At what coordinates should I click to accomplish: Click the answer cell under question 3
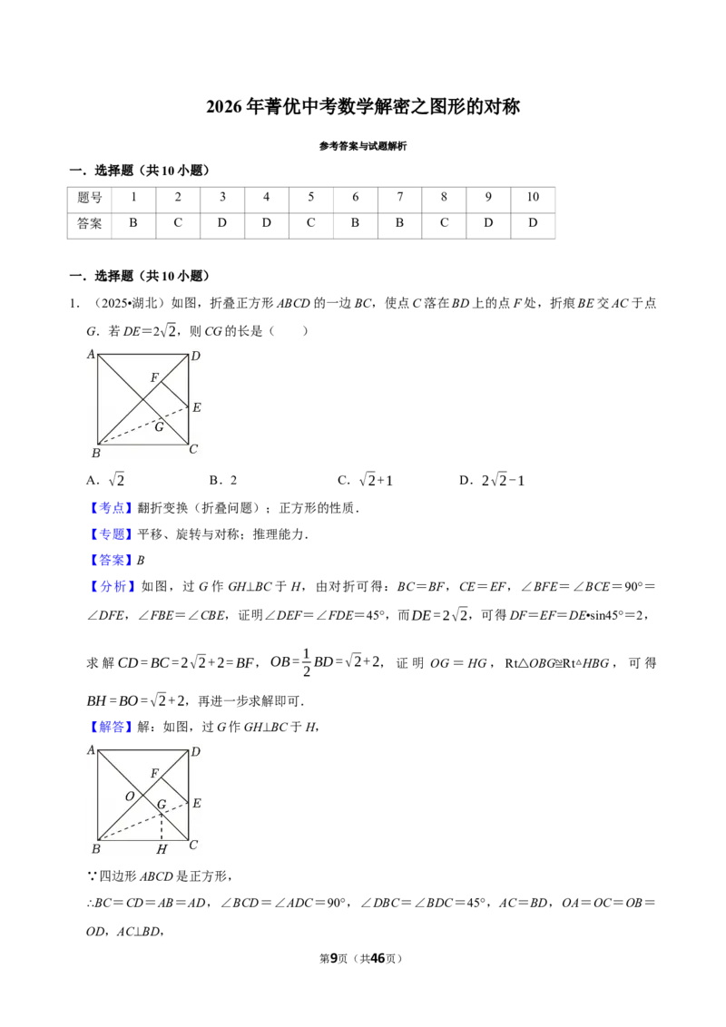pos(222,223)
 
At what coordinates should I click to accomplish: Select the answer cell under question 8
pos(444,223)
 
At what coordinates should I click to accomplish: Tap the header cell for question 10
pos(533,197)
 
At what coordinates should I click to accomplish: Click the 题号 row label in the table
pos(90,197)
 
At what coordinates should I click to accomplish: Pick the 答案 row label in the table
pos(90,223)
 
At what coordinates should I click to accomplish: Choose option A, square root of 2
pos(105,480)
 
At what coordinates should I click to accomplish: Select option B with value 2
pos(223,480)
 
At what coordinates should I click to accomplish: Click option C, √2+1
pos(366,480)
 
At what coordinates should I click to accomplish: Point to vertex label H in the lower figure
pos(162,849)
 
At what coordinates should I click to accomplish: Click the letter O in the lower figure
pos(130,797)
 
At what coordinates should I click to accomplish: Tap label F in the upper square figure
pos(154,377)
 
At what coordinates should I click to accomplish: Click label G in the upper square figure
pos(159,427)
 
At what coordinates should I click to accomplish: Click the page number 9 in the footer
pos(334,958)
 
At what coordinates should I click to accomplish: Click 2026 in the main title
pos(224,107)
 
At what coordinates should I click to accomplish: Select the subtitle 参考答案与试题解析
pos(363,146)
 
